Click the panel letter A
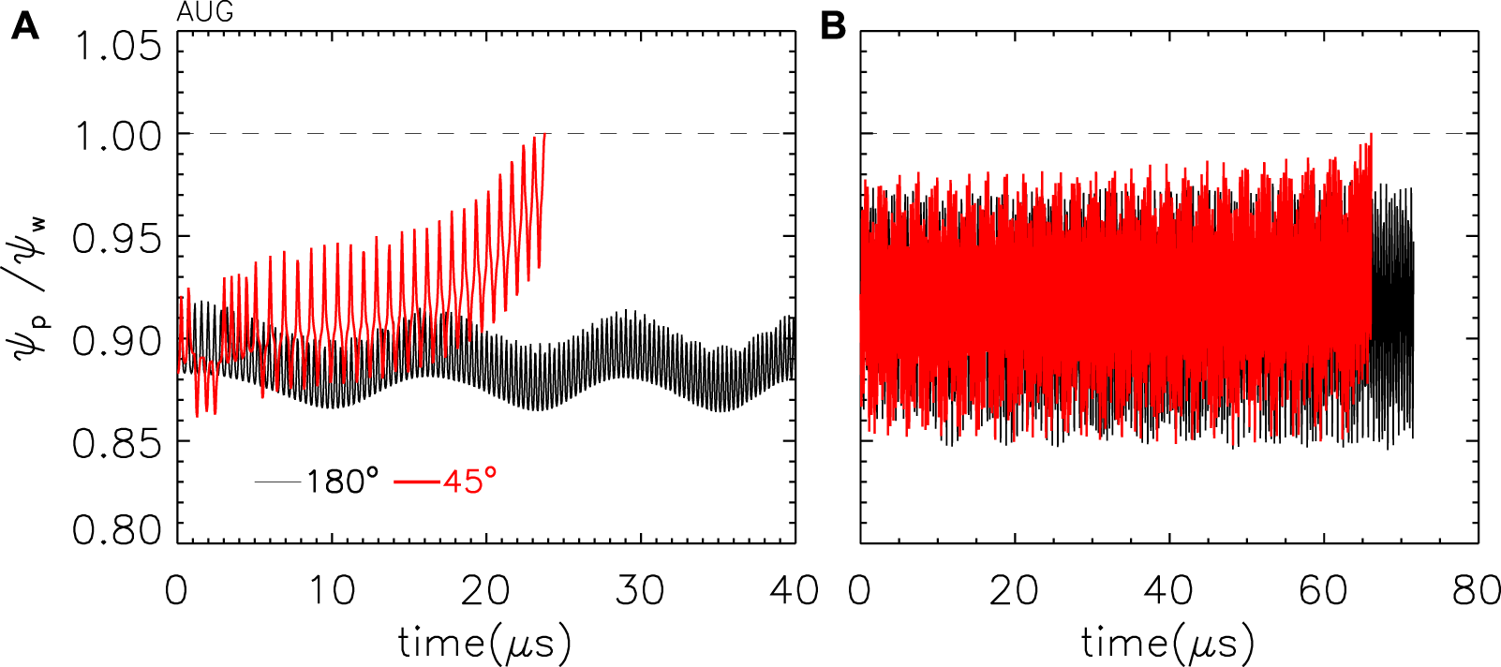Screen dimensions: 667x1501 (25, 26)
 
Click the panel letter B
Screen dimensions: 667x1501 (832, 26)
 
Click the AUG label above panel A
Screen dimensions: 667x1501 (205, 13)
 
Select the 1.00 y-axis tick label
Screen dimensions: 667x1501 (118, 137)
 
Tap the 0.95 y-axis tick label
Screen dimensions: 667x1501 (118, 239)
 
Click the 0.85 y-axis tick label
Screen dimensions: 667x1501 (118, 443)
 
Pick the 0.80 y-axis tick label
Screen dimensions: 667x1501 (118, 530)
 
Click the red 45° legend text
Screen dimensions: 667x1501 (469, 482)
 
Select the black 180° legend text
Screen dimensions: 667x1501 (343, 482)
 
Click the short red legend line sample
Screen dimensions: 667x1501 (417, 482)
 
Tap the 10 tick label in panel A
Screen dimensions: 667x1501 (332, 591)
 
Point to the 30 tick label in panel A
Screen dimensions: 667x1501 (641, 591)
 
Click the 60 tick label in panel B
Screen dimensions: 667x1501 (1324, 591)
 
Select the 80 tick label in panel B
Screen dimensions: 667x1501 (1477, 591)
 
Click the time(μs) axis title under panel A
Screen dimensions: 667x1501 (484, 644)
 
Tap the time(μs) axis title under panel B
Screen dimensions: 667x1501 (1167, 644)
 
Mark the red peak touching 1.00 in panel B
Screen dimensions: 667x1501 (1371, 135)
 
